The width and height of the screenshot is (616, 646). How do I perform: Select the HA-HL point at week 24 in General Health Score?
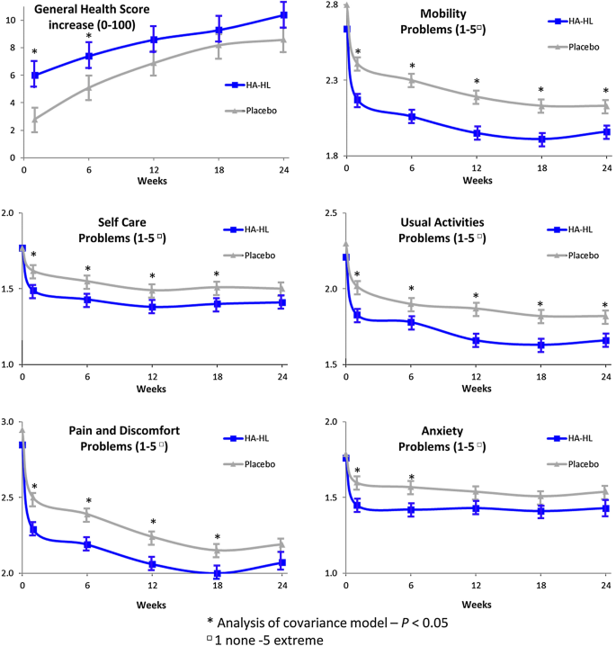(283, 15)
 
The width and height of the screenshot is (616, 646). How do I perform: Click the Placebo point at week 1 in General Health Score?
(34, 119)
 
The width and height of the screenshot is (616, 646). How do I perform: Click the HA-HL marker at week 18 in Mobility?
(541, 139)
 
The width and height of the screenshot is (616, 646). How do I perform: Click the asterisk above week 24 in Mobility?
(605, 91)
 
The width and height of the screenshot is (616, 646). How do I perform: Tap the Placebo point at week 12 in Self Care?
(153, 290)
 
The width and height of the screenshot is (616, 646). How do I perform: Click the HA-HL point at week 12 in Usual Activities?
(477, 340)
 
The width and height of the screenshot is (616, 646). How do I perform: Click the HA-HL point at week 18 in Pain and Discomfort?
(218, 572)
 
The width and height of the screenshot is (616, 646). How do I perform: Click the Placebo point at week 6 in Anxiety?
(412, 488)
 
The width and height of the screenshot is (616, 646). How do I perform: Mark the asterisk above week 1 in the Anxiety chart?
(357, 471)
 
